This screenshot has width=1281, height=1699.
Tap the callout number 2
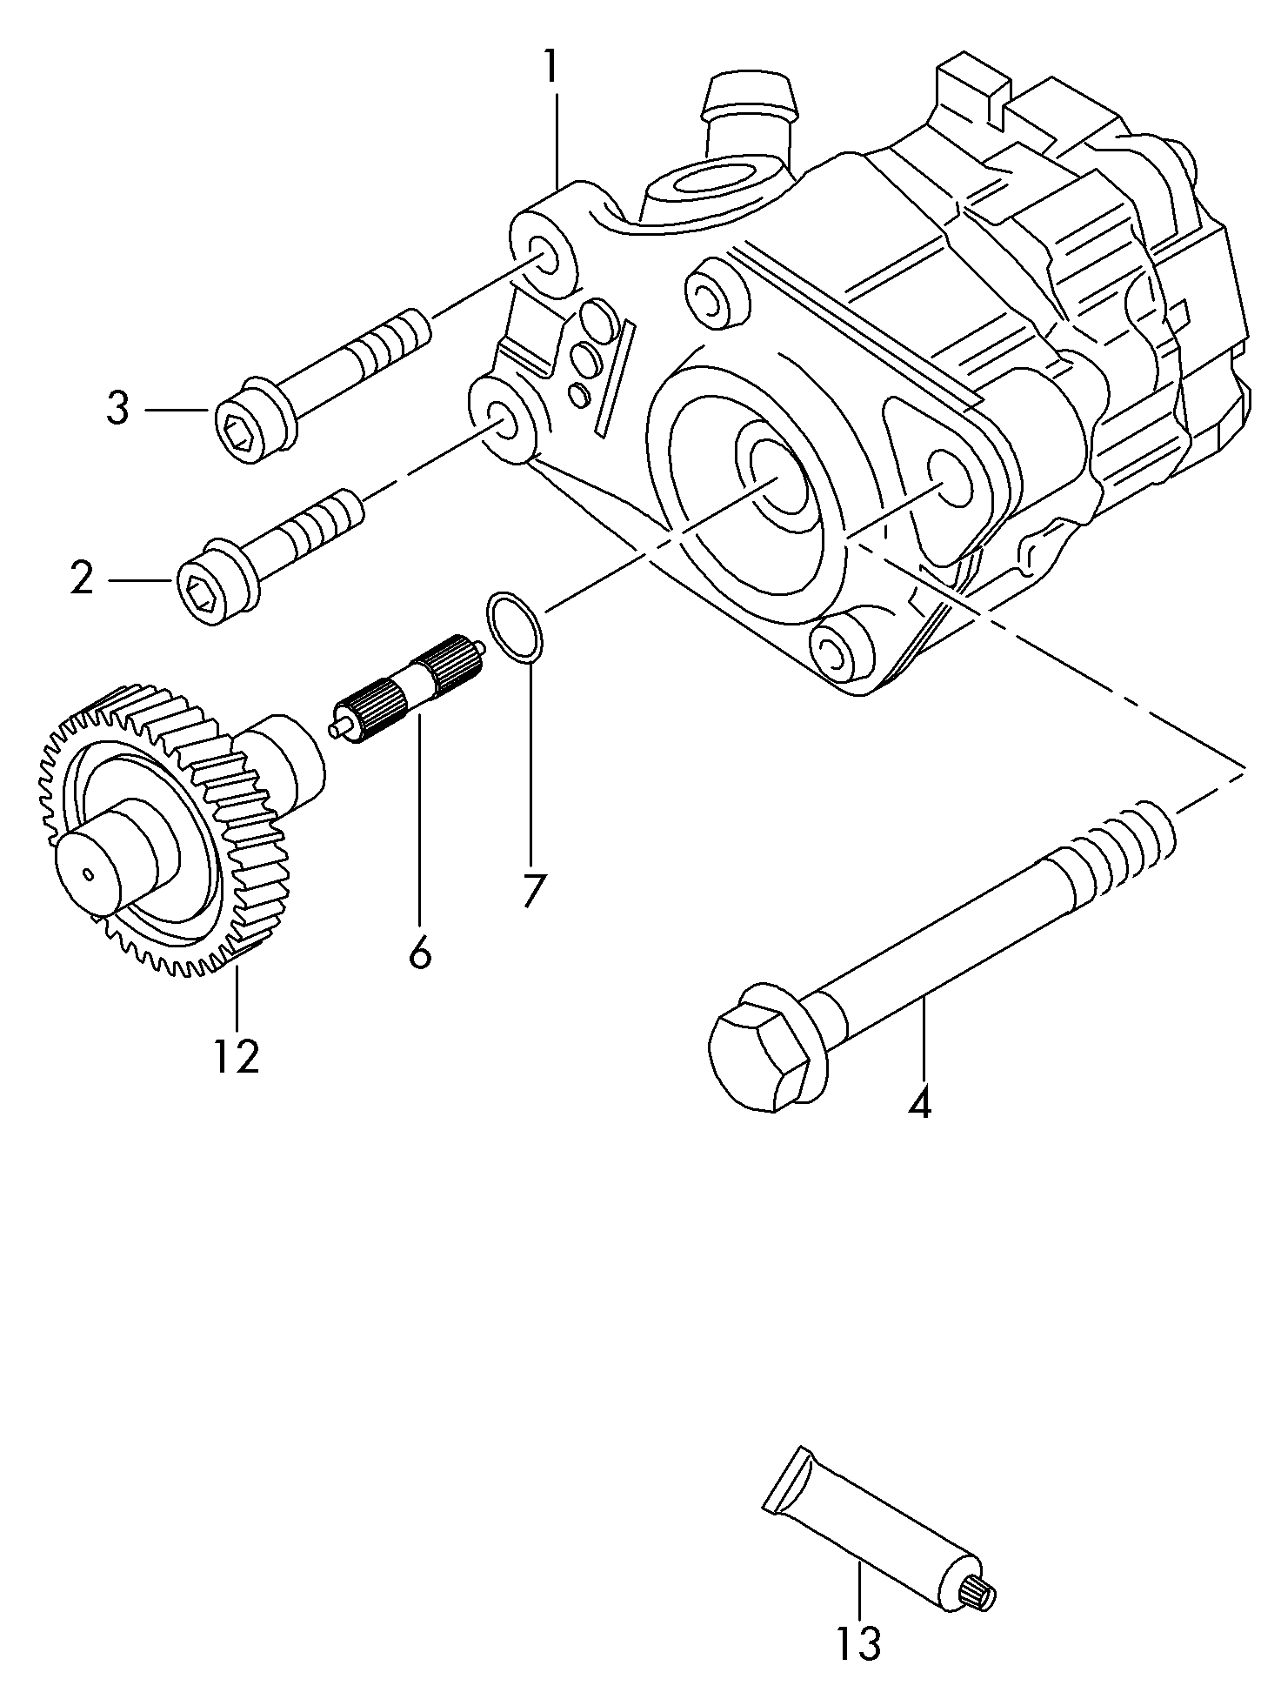pos(83,578)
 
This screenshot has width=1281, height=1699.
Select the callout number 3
pos(117,408)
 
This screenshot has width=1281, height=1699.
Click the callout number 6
pos(419,954)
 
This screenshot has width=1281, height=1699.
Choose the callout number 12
pos(236,1055)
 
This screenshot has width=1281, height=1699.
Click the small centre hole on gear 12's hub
pos(90,873)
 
